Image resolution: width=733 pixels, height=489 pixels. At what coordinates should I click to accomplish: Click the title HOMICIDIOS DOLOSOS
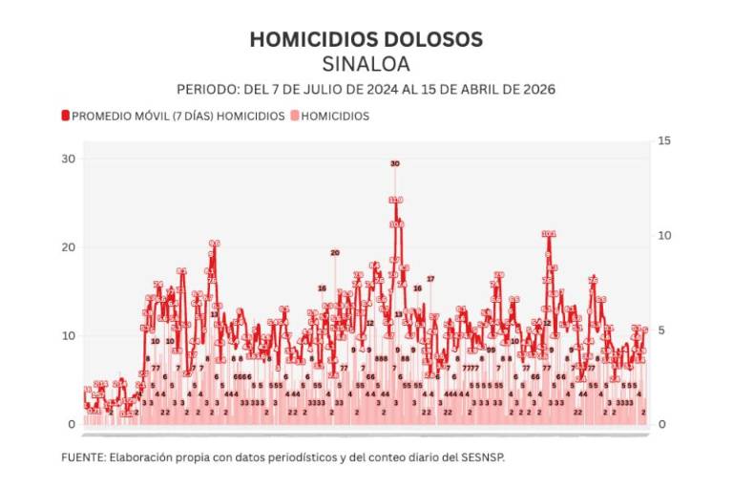[366, 39]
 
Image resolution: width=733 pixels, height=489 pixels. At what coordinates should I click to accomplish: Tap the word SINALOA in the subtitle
[366, 64]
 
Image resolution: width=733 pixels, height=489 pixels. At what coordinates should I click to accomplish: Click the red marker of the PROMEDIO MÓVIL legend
[66, 116]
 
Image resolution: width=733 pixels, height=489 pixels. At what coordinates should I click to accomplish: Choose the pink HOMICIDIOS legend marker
[295, 116]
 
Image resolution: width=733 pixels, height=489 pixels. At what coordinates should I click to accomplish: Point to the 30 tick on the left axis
[68, 159]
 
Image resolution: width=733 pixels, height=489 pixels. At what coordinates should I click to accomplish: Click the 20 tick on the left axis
[68, 247]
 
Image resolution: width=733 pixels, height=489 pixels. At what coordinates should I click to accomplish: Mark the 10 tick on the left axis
[68, 335]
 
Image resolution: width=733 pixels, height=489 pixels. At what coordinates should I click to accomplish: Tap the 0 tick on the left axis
[71, 424]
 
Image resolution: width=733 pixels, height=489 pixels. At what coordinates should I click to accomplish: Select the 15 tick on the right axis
[665, 141]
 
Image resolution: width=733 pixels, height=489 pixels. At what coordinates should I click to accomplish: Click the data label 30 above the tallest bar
[395, 163]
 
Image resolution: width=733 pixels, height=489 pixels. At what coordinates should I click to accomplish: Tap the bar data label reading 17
[430, 279]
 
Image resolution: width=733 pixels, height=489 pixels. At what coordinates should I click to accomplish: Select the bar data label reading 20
[335, 252]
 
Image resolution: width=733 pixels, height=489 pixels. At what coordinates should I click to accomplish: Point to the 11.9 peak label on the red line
[396, 200]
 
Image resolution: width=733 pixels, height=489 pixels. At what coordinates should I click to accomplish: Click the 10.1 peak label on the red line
[549, 233]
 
